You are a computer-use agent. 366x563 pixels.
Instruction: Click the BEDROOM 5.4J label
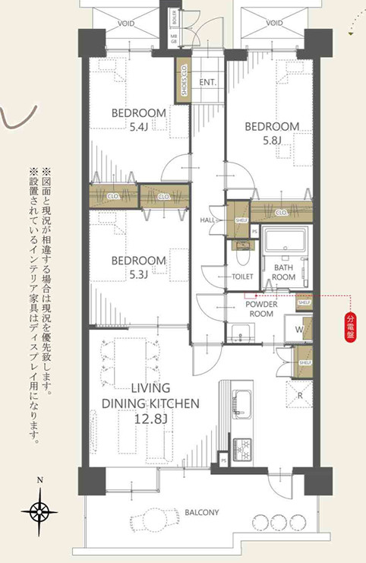point(139,119)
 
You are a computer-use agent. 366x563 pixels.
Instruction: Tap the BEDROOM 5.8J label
point(272,132)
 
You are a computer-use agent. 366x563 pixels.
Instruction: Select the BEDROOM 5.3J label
point(139,267)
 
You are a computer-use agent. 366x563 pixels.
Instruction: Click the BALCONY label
point(201,513)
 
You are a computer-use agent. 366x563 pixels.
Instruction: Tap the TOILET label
point(241,278)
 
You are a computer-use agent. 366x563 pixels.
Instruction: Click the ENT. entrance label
point(207,81)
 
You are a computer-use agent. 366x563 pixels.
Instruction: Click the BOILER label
point(173,14)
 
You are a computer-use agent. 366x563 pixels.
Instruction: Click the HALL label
point(207,220)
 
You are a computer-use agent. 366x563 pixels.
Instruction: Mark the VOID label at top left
point(126,24)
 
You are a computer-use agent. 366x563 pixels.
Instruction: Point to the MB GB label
point(173,38)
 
